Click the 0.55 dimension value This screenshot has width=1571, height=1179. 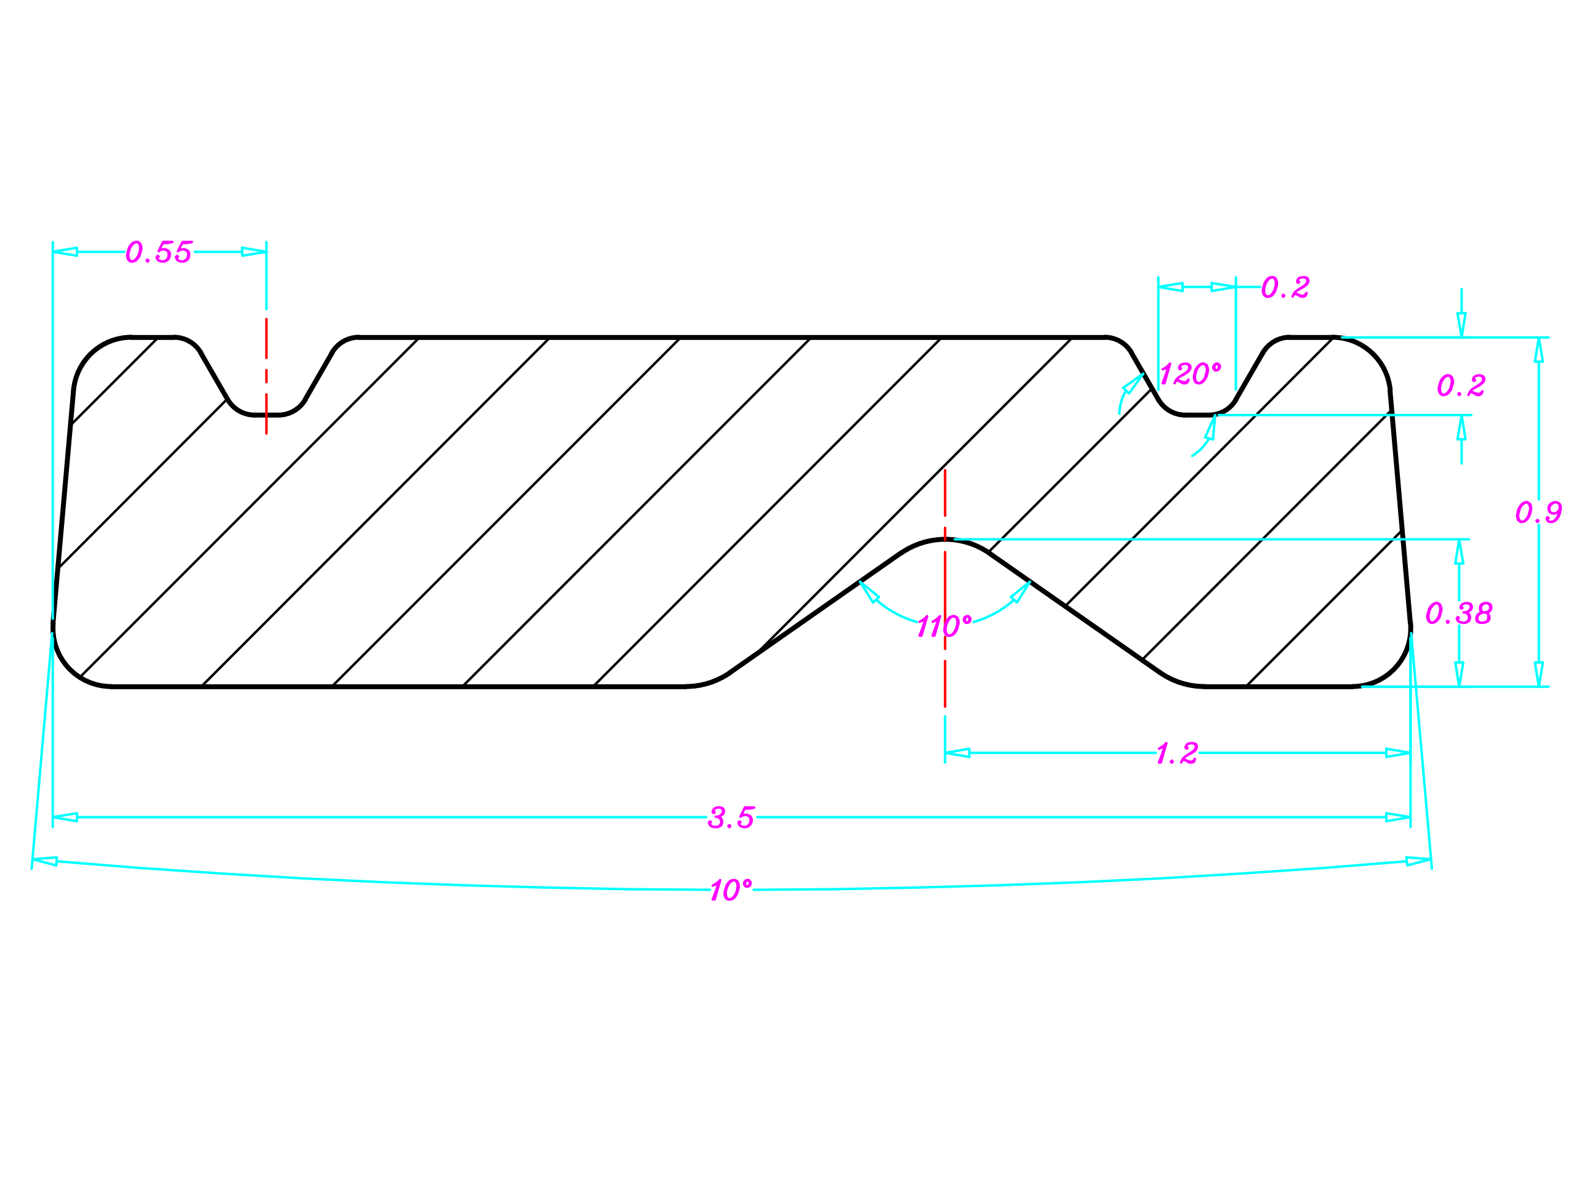tap(158, 253)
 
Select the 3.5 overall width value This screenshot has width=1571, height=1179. tap(731, 817)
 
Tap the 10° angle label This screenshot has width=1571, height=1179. tap(730, 891)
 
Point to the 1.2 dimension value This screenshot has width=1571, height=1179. tap(1177, 753)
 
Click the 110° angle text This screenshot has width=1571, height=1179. tap(943, 626)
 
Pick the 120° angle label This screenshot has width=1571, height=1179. tap(1191, 374)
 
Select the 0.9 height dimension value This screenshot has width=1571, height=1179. tap(1538, 513)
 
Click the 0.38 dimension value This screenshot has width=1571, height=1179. tap(1459, 614)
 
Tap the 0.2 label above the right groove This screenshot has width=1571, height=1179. tap(1285, 288)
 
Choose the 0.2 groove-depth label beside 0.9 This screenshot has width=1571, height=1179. tap(1461, 386)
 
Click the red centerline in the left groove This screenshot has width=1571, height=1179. tap(267, 376)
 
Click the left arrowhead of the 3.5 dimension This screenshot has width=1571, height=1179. tap(65, 817)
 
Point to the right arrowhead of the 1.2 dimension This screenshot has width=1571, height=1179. tap(1397, 753)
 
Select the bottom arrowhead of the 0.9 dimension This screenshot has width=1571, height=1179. tap(1538, 674)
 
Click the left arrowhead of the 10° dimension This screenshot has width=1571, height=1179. tap(45, 861)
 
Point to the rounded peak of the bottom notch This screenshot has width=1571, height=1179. tap(944, 541)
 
